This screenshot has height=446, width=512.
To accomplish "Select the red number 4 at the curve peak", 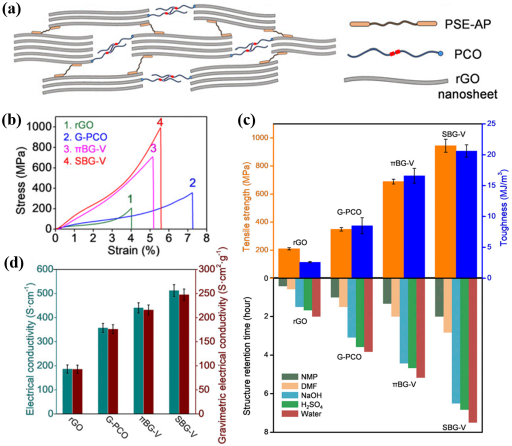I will [159, 122].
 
